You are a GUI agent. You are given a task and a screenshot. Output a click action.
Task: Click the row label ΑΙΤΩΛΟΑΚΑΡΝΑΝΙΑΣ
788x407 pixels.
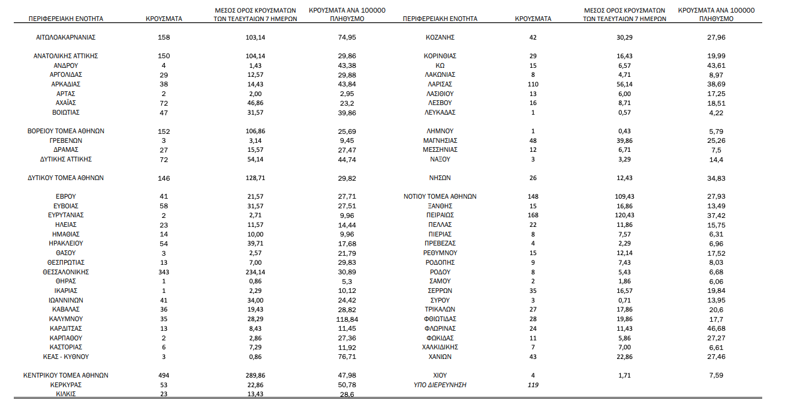point(66,37)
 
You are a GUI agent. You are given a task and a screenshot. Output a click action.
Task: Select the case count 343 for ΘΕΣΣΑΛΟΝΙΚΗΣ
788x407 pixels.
point(164,272)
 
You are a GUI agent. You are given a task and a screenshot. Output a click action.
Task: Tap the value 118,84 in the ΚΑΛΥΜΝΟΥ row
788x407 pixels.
point(347,319)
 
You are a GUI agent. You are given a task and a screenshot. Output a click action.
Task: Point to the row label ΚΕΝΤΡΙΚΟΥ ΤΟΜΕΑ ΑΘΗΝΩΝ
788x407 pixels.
point(66,375)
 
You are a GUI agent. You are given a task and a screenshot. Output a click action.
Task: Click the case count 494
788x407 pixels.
point(164,375)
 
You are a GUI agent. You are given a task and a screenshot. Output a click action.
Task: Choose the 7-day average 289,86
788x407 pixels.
point(255,375)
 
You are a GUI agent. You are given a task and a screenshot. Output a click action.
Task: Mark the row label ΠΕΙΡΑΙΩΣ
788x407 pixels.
point(440,215)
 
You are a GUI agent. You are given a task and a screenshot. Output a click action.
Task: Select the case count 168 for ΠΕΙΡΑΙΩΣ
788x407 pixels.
point(533,215)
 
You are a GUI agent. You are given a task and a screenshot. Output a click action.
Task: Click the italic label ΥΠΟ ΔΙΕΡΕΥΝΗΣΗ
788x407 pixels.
point(440,385)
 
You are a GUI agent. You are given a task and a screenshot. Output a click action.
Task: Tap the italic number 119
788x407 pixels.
point(533,385)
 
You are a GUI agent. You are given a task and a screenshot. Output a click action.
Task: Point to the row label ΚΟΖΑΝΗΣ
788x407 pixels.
point(440,37)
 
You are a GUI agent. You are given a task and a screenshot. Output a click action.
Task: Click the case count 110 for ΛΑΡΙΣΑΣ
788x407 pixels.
point(533,84)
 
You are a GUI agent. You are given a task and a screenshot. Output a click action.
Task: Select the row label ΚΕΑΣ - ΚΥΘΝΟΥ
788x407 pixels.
point(66,357)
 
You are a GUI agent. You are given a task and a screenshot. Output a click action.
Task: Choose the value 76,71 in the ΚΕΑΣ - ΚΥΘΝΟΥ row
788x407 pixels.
point(347,357)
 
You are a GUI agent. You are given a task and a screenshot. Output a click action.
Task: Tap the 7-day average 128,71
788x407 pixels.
point(255,178)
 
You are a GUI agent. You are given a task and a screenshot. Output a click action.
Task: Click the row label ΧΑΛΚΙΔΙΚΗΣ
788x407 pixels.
point(440,347)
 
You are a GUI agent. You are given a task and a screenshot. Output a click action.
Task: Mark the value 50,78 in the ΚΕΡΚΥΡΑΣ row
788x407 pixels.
point(347,385)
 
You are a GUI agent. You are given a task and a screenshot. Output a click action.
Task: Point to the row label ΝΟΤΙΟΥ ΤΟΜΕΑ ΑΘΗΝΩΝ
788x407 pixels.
point(440,196)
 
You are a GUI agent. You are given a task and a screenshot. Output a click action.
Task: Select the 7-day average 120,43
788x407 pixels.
point(624,215)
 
